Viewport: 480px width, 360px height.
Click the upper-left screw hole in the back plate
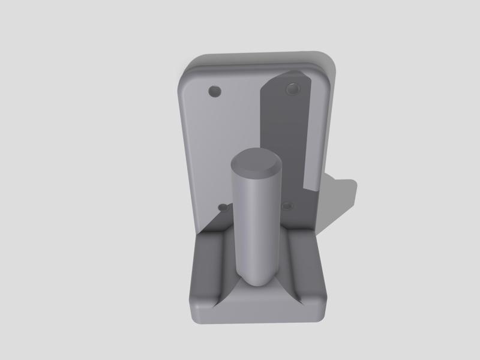[x=214, y=92]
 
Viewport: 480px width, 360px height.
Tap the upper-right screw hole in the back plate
[x=293, y=89]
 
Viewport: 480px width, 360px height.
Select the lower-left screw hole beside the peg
[x=223, y=207]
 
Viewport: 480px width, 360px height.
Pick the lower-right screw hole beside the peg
[x=287, y=206]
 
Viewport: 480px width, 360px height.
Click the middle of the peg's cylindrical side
[x=256, y=228]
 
